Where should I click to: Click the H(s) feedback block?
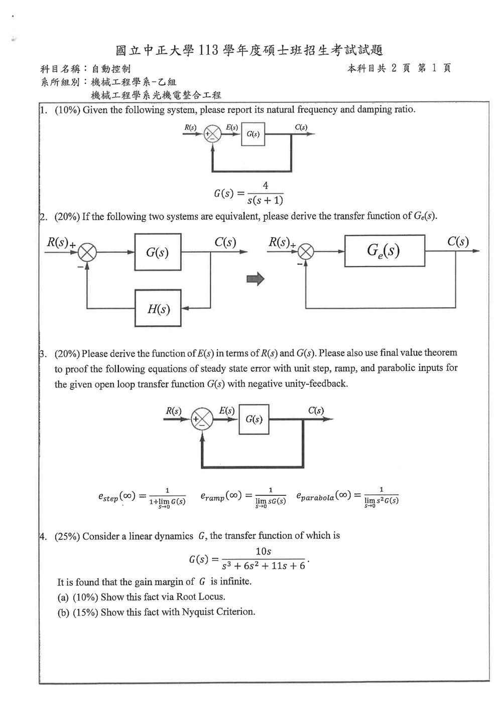158,308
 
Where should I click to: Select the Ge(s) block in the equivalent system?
385,251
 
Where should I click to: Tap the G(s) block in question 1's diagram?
253,134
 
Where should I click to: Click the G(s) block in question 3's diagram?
254,419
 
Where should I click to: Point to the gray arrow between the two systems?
256,279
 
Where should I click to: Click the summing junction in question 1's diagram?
212,134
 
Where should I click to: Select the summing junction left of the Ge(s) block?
306,252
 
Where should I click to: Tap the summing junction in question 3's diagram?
202,419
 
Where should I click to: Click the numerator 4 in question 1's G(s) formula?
266,185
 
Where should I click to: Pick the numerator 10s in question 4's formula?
263,551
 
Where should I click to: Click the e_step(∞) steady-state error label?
116,496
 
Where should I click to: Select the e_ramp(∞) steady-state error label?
221,496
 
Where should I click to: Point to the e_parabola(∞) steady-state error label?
324,496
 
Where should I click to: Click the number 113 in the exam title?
208,50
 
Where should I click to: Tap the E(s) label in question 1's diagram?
232,127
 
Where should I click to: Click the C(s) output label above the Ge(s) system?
458,241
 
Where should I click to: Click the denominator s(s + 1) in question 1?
266,200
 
